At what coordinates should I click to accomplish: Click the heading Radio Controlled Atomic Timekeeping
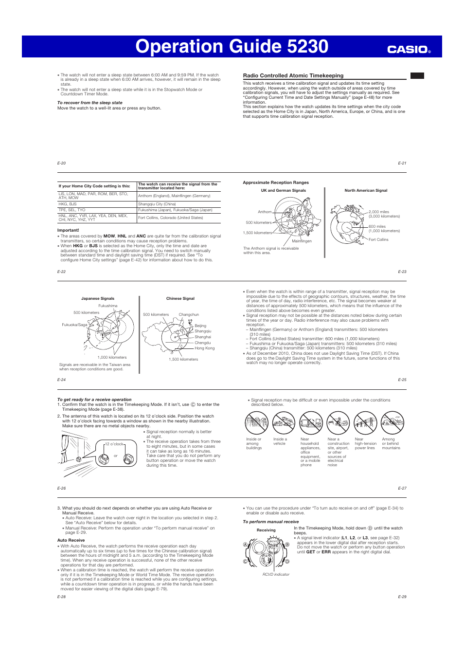[x=293, y=76]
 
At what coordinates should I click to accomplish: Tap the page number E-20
[x=61, y=164]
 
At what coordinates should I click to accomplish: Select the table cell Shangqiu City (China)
[x=157, y=204]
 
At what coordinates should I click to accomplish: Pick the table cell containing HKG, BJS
[x=68, y=204]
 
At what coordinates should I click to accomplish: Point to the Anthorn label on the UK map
[x=265, y=212]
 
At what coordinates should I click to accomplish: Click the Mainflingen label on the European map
[x=302, y=241]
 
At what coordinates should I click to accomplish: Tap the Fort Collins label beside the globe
[x=378, y=239]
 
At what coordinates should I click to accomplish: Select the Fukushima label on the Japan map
[x=108, y=306]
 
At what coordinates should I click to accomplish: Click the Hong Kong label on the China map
[x=204, y=348]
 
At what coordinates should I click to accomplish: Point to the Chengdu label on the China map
[x=203, y=343]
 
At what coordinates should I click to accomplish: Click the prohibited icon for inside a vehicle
[x=284, y=423]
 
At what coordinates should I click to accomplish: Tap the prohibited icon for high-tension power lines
[x=365, y=423]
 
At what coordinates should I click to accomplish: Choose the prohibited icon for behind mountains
[x=393, y=423]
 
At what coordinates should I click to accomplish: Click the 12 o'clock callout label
[x=115, y=444]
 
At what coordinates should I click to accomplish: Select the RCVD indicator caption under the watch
[x=276, y=574]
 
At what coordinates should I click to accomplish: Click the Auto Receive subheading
[x=71, y=540]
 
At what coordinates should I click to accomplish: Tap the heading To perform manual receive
[x=270, y=522]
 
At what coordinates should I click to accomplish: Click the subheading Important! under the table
[x=68, y=230]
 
